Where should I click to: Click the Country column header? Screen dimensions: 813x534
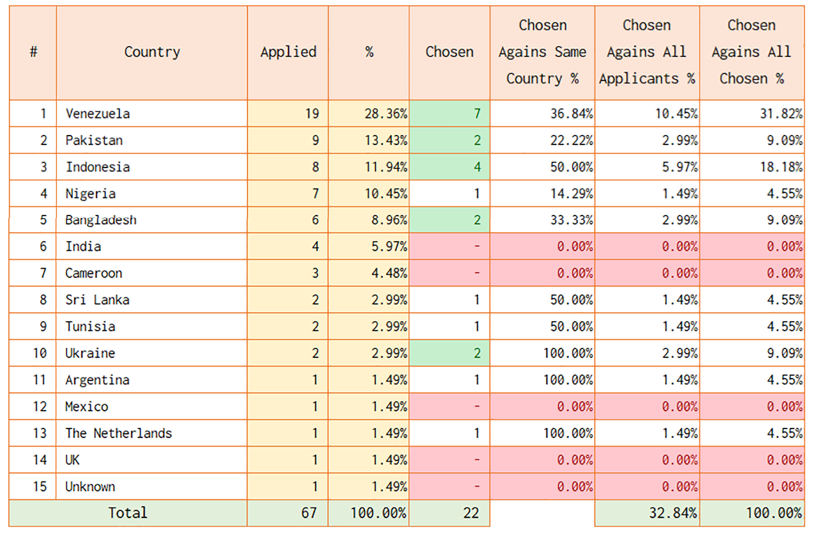click(x=152, y=52)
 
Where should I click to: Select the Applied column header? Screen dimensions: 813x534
click(x=288, y=52)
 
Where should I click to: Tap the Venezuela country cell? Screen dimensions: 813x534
click(x=152, y=114)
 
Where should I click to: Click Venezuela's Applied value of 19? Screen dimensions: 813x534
click(x=288, y=114)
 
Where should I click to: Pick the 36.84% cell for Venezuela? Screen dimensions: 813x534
click(x=542, y=114)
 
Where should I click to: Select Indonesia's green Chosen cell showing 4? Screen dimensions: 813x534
click(x=449, y=167)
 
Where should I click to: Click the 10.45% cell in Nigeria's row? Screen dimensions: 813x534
click(x=368, y=193)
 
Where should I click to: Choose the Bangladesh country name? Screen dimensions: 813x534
click(x=101, y=220)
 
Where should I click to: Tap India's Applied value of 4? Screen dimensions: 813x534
click(x=288, y=246)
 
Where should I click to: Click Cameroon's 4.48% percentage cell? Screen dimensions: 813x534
click(x=368, y=273)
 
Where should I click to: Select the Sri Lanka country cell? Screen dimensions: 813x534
click(x=152, y=300)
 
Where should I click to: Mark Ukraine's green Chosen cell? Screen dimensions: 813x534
click(x=449, y=353)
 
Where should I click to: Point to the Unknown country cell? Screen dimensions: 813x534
click(x=152, y=486)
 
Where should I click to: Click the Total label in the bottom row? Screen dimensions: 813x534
click(x=128, y=513)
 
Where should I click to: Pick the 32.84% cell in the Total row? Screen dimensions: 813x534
click(x=647, y=513)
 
